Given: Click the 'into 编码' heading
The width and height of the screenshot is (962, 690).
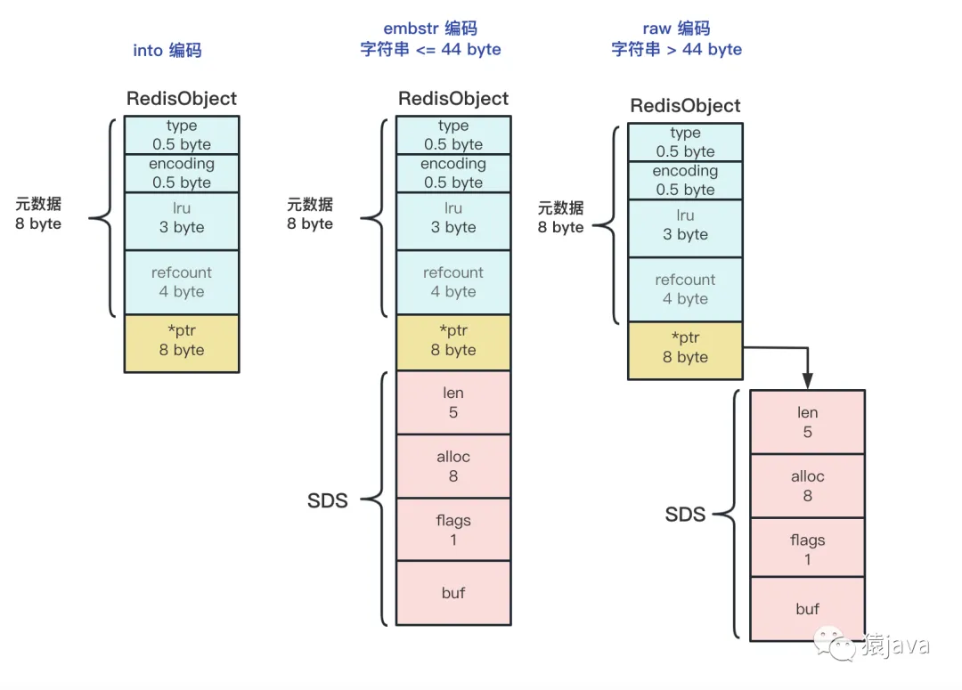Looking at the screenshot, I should point(167,50).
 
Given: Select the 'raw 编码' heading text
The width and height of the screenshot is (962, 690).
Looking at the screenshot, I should point(676,28).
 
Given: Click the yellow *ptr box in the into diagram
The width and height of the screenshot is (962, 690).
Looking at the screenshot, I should point(182,343).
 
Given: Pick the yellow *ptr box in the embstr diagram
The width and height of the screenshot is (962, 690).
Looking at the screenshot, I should point(453,341).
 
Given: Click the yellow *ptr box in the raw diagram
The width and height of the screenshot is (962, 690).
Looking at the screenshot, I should point(685,350).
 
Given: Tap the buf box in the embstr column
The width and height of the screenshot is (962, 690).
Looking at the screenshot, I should point(453,592).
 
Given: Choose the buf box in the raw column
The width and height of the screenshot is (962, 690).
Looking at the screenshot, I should point(807,609).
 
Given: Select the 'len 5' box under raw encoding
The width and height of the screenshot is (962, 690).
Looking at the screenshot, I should point(807,422).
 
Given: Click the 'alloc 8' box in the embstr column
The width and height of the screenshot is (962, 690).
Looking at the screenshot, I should point(453,467).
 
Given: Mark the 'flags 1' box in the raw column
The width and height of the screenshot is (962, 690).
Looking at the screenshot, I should point(807,549).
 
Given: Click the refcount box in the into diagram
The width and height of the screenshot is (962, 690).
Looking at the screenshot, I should point(182,282).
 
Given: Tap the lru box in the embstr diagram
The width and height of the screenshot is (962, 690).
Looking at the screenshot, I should point(453,218).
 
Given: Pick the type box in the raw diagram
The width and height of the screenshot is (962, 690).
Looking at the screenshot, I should point(685,142).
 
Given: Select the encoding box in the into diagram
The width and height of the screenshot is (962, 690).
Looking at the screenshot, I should point(182,173).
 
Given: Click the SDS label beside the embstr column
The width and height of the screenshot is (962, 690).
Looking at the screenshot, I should point(327,500).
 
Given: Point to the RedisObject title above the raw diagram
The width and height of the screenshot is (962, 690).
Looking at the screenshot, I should point(685,106).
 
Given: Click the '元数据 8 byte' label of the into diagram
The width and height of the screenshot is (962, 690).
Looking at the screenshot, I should point(38,214).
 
